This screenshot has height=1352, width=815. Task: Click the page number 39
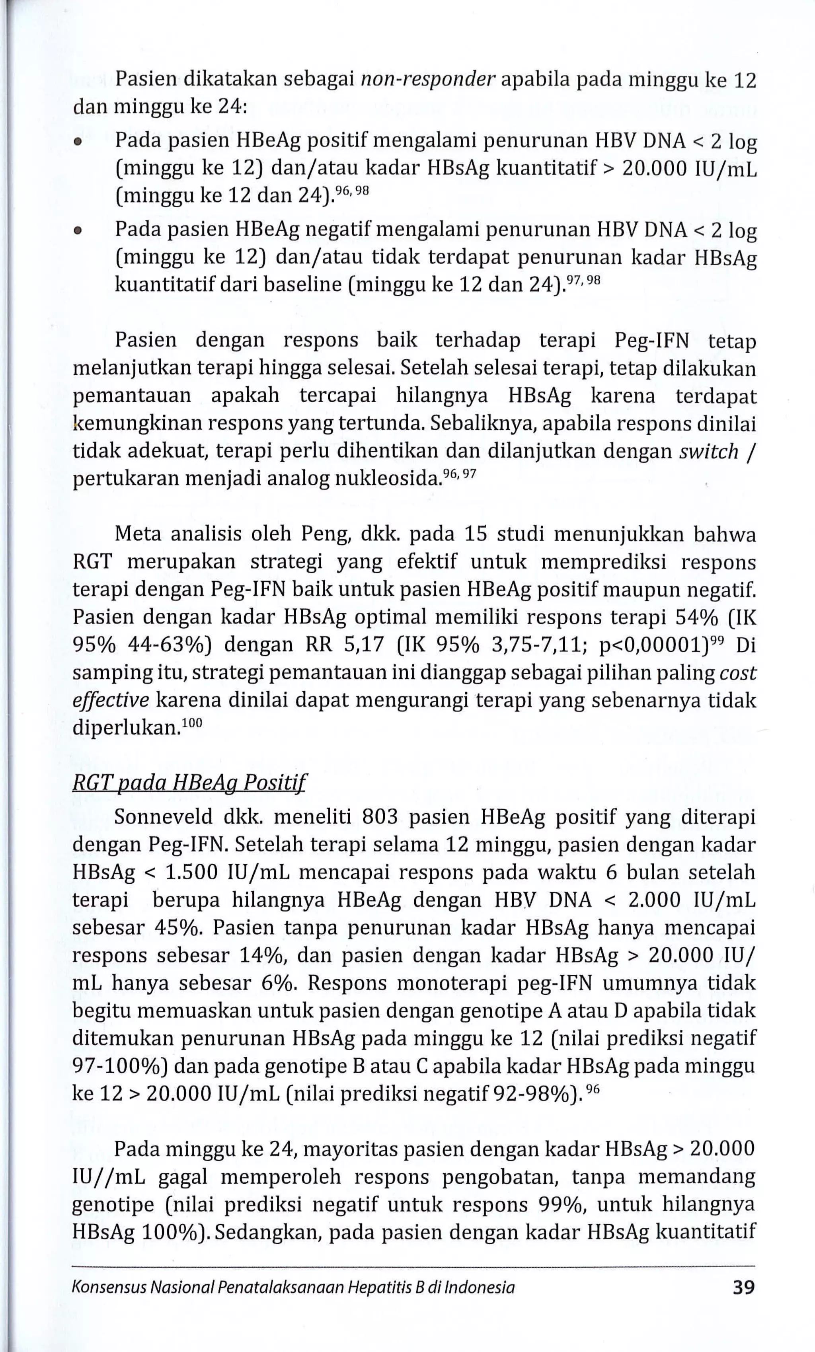pos(744,1287)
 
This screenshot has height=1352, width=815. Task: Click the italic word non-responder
pos(428,81)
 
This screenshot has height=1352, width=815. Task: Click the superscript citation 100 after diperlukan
pos(191,723)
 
